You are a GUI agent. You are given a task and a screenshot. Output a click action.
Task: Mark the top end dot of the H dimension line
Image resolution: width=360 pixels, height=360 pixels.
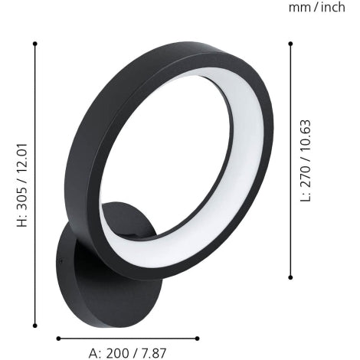point(35,44)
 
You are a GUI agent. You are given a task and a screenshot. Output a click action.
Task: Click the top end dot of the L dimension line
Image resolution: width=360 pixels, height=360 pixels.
point(290,44)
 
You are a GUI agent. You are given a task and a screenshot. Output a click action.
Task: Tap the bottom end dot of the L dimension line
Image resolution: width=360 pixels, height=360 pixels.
point(290,277)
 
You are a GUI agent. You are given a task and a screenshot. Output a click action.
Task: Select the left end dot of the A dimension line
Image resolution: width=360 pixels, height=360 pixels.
point(58,337)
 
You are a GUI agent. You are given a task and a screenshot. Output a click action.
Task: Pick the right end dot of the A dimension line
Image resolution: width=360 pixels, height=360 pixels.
point(198,337)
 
